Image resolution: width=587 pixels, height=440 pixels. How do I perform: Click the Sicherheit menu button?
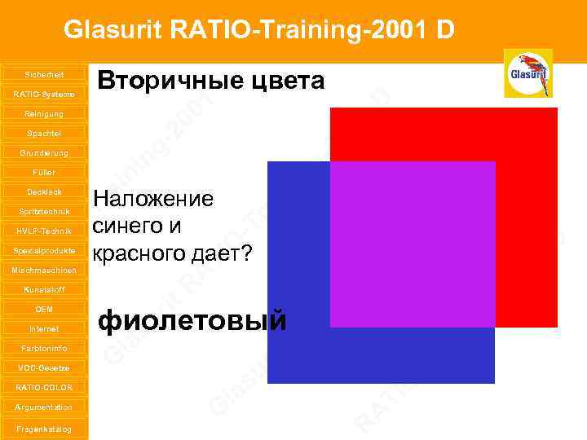pos(43,74)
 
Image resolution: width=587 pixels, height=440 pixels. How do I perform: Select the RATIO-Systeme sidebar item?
pos(43,94)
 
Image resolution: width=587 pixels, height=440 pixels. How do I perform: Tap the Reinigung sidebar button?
pos(43,113)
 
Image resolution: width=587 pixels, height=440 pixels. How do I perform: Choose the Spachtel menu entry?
pos(43,133)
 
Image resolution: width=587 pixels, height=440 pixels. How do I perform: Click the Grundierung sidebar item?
pos(43,152)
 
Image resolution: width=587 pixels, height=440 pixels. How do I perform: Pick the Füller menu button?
pos(43,172)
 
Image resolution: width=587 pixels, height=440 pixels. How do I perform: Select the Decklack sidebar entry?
pos(43,191)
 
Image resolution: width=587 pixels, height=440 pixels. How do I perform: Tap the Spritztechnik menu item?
pos(43,211)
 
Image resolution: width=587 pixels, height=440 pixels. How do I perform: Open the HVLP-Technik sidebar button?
pos(43,231)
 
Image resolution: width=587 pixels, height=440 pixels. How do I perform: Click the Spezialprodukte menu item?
pos(43,250)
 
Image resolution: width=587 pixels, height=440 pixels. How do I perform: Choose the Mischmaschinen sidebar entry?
pos(43,270)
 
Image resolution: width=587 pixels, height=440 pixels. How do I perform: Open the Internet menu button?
pos(43,328)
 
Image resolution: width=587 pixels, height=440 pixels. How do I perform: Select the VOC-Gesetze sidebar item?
pos(43,367)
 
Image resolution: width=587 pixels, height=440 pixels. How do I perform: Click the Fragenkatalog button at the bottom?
pos(43,429)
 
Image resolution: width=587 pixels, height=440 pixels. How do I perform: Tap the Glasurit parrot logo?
pos(527,73)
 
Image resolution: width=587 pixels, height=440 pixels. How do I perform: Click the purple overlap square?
pos(413,244)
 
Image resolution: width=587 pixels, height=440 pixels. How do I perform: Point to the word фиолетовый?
pos(192,321)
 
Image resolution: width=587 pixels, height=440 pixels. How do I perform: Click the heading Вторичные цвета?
pos(211,81)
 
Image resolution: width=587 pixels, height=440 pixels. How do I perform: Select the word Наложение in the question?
pos(153,200)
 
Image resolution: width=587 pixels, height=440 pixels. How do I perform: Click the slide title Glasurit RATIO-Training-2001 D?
pos(258,30)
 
